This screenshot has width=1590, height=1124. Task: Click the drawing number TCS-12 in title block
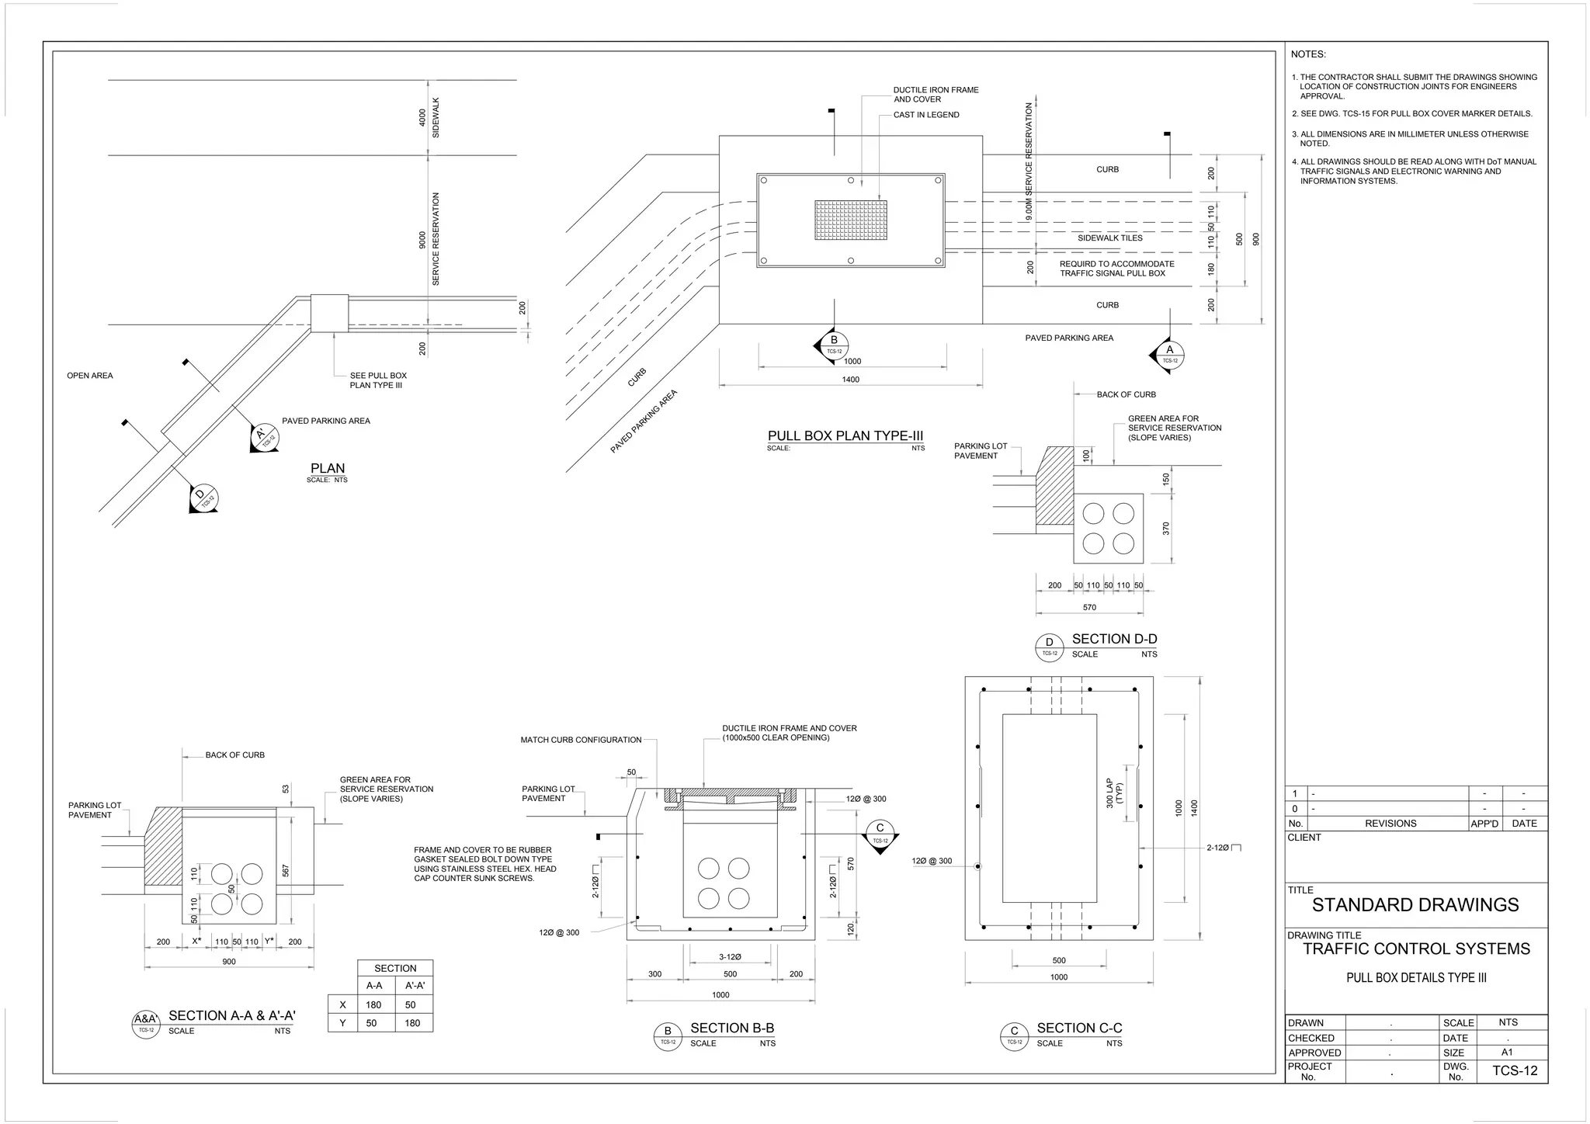pos(1514,1071)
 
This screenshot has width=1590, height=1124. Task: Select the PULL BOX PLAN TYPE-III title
pos(845,435)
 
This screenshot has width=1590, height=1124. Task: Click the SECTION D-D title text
pos(1114,639)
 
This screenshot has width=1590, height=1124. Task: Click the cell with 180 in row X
pos(373,1004)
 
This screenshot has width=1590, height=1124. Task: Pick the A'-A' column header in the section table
pos(415,985)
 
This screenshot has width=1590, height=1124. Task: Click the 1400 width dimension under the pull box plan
pos(850,380)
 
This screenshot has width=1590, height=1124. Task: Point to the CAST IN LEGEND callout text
pos(926,115)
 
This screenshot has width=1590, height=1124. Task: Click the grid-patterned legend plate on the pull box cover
pos(851,220)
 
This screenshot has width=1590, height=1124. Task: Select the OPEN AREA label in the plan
pos(90,376)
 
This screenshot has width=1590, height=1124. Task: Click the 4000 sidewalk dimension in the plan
pos(422,117)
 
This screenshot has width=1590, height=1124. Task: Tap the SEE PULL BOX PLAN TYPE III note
pos(378,380)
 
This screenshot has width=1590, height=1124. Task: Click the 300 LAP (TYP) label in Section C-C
pos(1114,793)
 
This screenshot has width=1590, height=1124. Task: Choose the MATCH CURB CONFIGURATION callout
pos(581,740)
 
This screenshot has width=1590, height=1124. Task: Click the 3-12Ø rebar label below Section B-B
pos(730,956)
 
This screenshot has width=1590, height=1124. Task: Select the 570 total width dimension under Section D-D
pos(1089,607)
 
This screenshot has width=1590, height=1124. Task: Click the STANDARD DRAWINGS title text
pos(1415,904)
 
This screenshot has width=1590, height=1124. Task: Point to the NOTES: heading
pos(1308,54)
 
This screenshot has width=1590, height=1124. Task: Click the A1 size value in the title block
pos(1507,1053)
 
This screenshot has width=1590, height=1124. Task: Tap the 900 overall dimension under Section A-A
pos(229,961)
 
